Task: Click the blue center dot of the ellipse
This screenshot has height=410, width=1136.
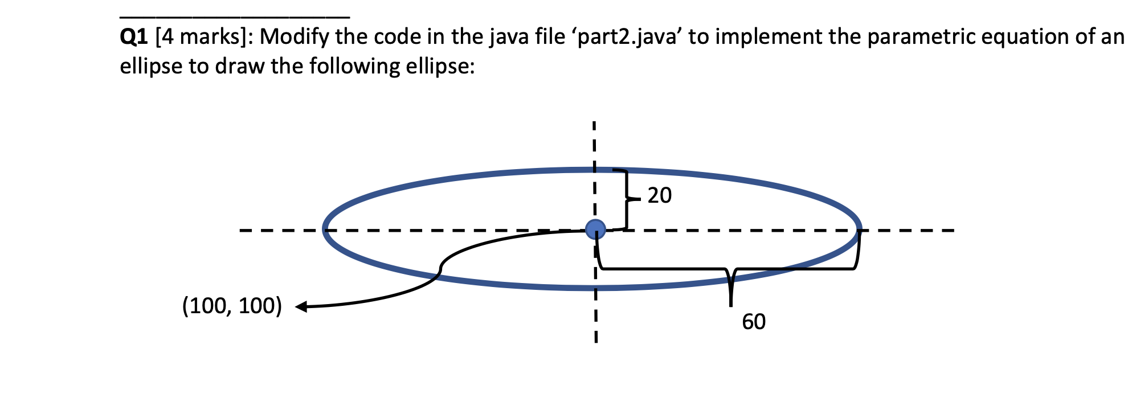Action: [595, 229]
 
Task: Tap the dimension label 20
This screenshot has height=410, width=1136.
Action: [660, 195]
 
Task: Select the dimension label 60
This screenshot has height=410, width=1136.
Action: [754, 322]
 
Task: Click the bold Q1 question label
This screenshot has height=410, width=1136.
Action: [133, 37]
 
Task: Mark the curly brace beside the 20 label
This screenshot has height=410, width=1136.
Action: [627, 199]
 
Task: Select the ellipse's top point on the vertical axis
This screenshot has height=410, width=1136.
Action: [594, 170]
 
